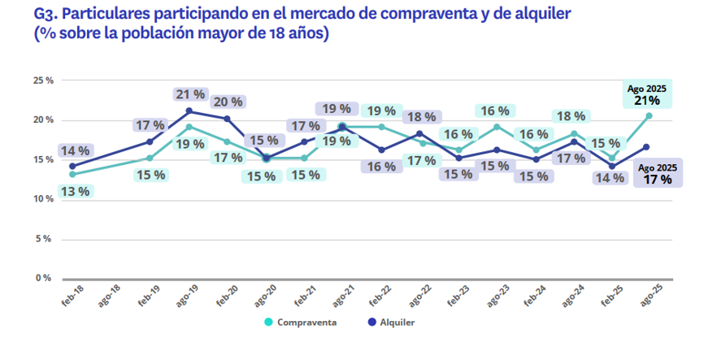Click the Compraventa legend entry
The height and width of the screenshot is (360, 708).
click(x=301, y=322)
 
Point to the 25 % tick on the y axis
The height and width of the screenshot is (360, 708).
click(x=43, y=80)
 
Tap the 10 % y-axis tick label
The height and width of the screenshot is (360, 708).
click(x=43, y=199)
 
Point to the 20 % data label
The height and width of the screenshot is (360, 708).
click(x=228, y=102)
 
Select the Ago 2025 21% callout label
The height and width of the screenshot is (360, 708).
click(x=647, y=95)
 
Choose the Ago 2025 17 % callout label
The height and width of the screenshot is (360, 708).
click(x=658, y=175)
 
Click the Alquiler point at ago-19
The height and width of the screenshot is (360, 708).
click(x=189, y=111)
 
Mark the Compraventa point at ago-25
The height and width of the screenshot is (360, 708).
click(x=649, y=115)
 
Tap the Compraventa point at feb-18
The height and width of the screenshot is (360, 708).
click(x=72, y=174)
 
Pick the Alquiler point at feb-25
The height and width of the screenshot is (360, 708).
click(x=611, y=167)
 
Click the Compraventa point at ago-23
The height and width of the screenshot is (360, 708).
click(x=497, y=127)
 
